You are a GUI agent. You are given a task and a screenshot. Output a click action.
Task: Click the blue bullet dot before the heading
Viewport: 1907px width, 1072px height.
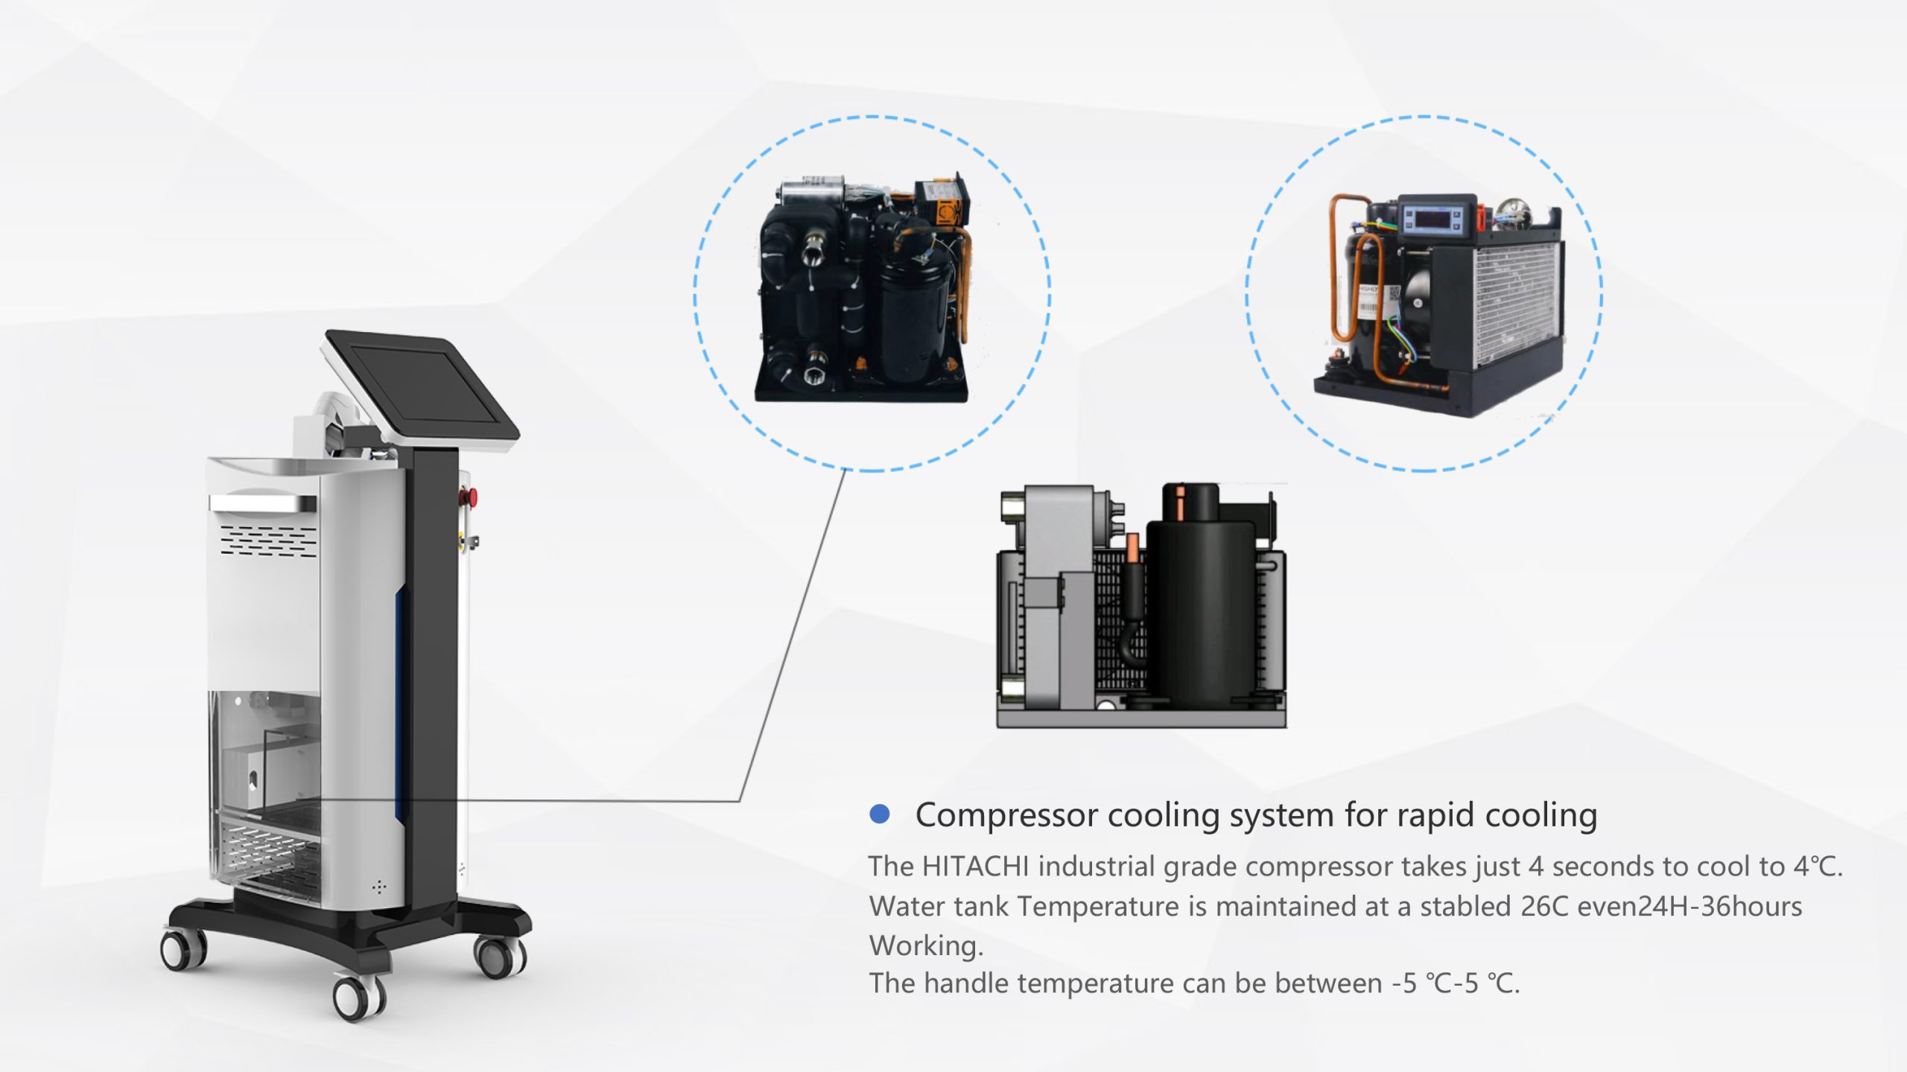tap(880, 814)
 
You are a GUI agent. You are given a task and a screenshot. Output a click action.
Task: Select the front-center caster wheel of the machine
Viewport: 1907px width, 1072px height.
tap(358, 998)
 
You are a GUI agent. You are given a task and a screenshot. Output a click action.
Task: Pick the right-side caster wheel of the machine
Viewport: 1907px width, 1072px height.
tap(500, 955)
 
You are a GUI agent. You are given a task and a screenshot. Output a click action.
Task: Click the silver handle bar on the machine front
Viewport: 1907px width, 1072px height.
tap(264, 504)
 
